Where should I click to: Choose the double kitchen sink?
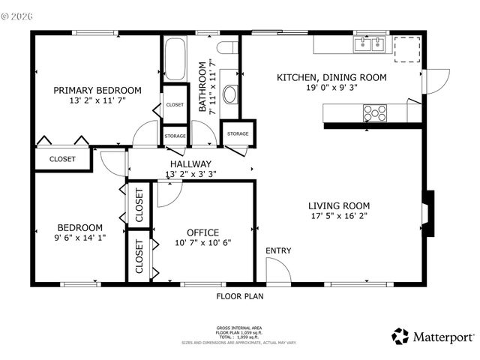368,44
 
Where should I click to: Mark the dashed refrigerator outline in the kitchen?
407,48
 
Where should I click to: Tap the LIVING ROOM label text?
339,205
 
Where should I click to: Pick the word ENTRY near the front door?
278,251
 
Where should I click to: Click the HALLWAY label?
190,164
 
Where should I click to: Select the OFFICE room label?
202,232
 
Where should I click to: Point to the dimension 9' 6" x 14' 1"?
80,238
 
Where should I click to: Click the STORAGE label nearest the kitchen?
238,133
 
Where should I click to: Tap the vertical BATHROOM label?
202,87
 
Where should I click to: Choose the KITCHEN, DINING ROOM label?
331,77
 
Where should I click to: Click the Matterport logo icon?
400,335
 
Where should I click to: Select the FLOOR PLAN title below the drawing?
240,296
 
